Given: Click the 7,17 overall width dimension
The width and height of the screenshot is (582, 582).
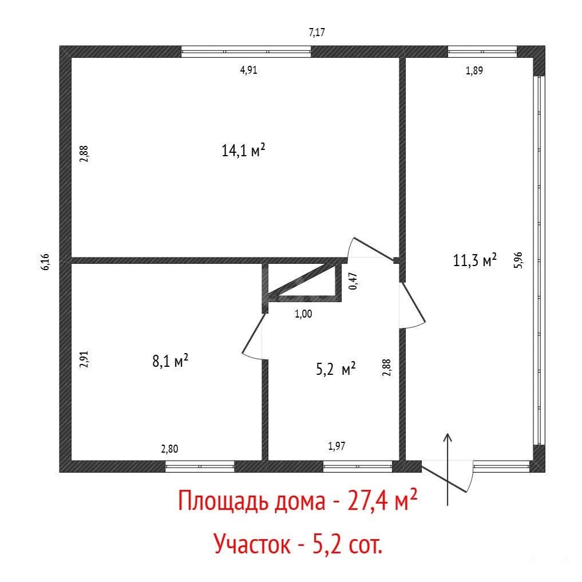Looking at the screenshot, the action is (x=316, y=33).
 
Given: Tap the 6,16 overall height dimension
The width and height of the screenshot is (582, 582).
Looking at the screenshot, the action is (x=45, y=262).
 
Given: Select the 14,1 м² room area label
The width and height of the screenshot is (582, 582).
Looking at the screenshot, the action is (x=243, y=151).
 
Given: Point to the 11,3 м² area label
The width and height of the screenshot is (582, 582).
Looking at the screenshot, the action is (x=475, y=260).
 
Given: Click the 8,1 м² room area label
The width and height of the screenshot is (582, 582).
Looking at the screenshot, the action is (x=171, y=361).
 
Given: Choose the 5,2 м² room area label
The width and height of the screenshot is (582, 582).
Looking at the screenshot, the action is (x=336, y=369).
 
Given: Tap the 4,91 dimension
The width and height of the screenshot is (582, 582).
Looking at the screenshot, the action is (x=249, y=70).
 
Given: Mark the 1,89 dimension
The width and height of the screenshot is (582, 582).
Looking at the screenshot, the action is (x=474, y=70).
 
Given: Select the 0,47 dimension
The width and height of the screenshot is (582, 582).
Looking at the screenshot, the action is (x=353, y=281).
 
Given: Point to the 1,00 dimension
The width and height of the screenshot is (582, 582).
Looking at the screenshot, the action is (x=303, y=314).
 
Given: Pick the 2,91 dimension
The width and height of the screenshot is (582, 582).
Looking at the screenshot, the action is (x=84, y=359).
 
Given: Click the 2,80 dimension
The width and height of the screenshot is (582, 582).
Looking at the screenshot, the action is (x=169, y=449).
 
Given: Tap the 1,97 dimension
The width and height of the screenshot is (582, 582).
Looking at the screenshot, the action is (x=336, y=446).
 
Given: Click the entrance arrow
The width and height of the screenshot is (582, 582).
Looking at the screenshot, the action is (x=448, y=469).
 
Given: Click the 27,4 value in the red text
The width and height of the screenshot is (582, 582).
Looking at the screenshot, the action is (x=368, y=501).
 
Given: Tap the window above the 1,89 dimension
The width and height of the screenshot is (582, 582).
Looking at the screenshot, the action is (x=482, y=52).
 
